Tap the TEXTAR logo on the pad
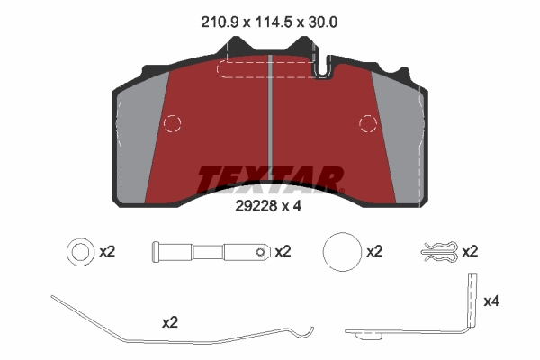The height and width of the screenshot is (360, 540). [x=270, y=179]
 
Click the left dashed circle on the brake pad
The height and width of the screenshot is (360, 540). [x=172, y=123]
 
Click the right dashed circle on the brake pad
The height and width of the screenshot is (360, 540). [x=368, y=123]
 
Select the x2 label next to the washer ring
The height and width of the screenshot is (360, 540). [x=107, y=252]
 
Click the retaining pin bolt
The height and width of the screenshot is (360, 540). [x=211, y=253]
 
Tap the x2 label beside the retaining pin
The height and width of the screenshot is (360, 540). [x=283, y=252]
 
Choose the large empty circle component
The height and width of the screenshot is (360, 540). [x=341, y=253]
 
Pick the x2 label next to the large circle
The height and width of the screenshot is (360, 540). [x=375, y=252]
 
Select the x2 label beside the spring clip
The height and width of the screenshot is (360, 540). [x=470, y=252]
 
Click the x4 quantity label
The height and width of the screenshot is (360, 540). [x=492, y=301]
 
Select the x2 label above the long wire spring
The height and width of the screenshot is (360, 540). [x=170, y=320]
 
